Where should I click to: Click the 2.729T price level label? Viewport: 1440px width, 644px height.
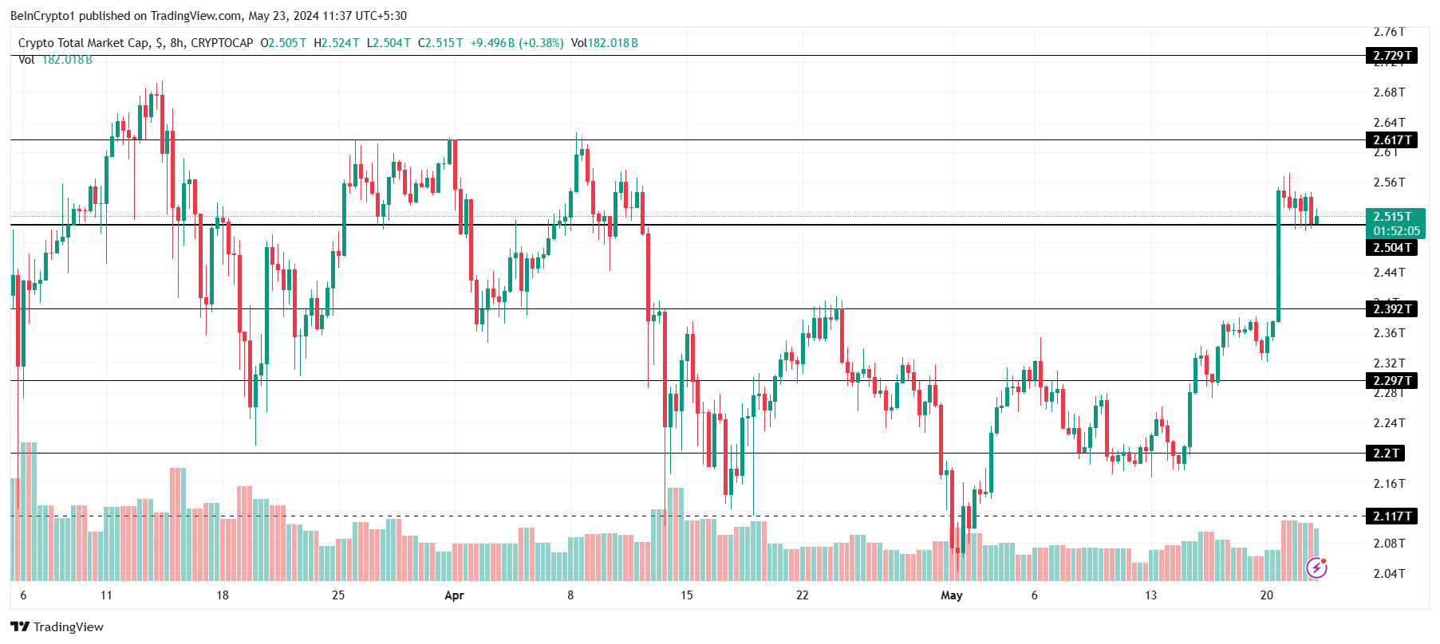tap(1392, 56)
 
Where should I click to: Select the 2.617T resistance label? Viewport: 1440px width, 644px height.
tap(1392, 140)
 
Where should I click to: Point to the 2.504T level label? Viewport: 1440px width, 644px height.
tap(1392, 248)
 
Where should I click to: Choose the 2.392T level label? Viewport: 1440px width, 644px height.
tap(1392, 309)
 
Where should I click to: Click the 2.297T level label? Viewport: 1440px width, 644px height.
tap(1392, 381)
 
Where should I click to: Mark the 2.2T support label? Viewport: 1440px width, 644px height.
tap(1386, 454)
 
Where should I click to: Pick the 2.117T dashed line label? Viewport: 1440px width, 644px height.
tap(1392, 516)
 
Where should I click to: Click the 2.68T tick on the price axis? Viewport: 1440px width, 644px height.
tap(1389, 92)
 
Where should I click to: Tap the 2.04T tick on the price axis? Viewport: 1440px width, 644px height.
tap(1389, 574)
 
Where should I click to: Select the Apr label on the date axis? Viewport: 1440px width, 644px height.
tap(454, 595)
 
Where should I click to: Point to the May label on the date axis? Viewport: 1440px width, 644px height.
tap(951, 595)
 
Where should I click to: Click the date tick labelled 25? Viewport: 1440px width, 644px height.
tap(338, 595)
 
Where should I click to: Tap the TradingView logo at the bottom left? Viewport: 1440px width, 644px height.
tap(57, 627)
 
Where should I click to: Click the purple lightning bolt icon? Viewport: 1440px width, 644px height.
tap(1316, 567)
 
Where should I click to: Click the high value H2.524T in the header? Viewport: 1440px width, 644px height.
tap(337, 43)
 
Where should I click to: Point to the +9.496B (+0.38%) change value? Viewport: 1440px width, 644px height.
tap(517, 43)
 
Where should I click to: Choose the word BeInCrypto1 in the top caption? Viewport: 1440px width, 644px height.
tap(42, 16)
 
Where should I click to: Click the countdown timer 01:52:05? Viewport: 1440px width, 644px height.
tap(1396, 231)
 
